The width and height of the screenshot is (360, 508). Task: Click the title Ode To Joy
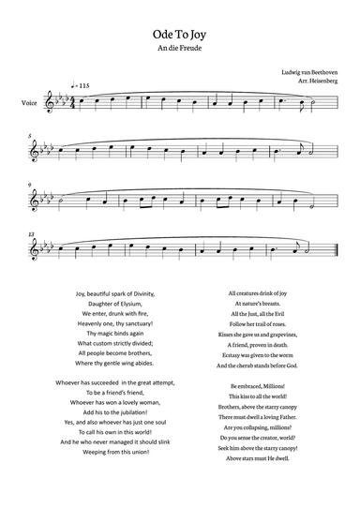179,31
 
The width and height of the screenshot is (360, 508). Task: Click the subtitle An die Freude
179,46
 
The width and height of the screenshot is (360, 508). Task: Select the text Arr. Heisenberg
314,82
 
